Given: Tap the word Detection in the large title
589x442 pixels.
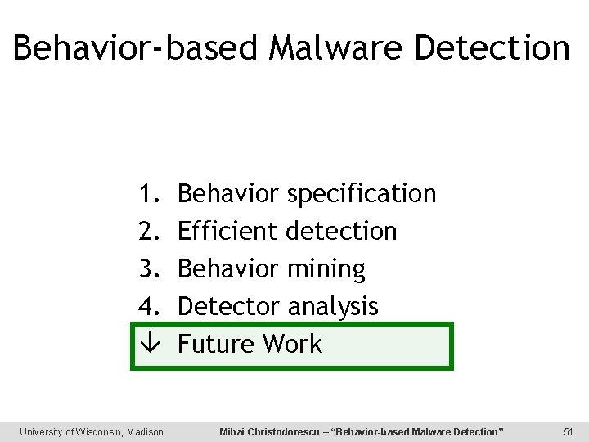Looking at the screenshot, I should tap(492, 47).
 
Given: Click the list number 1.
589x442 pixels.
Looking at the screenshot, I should tap(147, 194).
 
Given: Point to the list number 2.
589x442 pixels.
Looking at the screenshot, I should tap(147, 232).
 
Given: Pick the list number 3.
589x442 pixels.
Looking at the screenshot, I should tap(147, 268).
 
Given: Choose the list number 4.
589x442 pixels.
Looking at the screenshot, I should tap(147, 306).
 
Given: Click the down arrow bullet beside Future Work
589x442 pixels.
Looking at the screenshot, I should tap(147, 344).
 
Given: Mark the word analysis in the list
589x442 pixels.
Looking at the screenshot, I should tap(333, 307).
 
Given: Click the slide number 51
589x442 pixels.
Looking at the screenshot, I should tap(569, 431).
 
